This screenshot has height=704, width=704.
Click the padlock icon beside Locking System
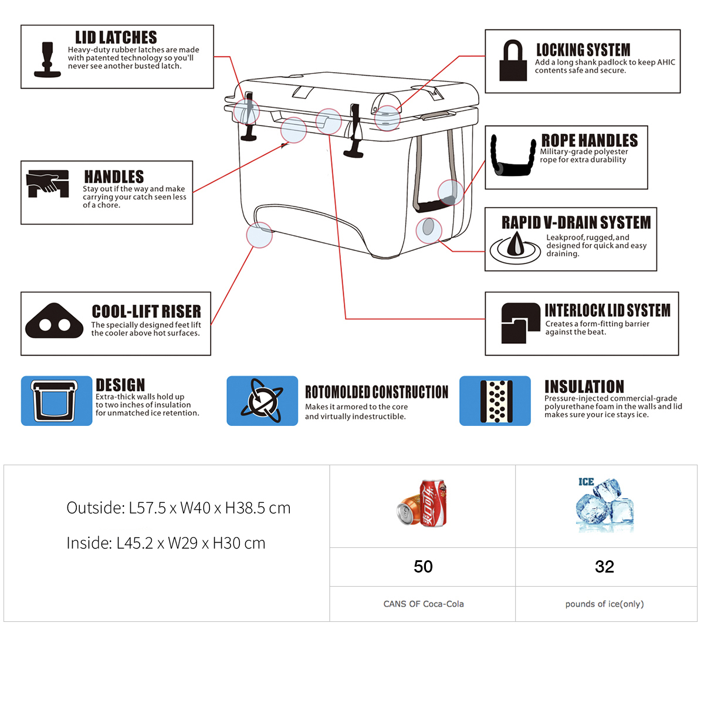(513, 60)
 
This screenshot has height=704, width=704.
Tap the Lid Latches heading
(116, 38)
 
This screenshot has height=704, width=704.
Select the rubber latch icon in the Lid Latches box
(47, 59)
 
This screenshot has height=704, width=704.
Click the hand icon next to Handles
(47, 184)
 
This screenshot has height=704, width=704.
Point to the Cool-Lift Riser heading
(146, 311)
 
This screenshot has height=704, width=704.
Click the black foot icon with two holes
(54, 321)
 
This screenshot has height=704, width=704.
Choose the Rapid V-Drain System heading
(576, 222)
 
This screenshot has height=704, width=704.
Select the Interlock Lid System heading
(607, 310)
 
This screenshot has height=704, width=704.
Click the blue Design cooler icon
(56, 401)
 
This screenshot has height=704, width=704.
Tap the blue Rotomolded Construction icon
(262, 401)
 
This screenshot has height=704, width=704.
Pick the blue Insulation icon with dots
(495, 401)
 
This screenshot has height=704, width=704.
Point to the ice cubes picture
(605, 504)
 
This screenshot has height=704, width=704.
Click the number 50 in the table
(423, 566)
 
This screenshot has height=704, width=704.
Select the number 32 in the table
(604, 566)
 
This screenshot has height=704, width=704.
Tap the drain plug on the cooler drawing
(428, 227)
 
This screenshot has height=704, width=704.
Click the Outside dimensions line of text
(178, 507)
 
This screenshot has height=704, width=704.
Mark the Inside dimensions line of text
(165, 543)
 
